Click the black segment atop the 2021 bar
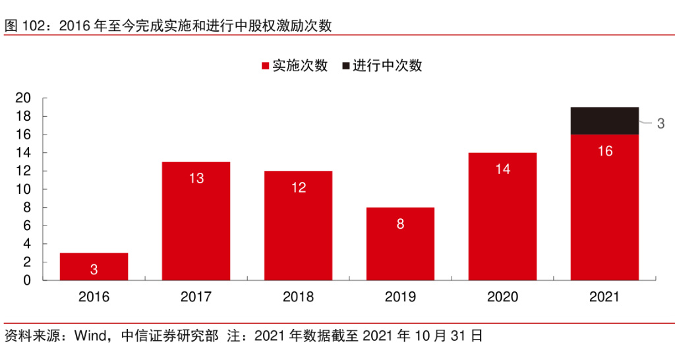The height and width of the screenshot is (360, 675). click(x=604, y=121)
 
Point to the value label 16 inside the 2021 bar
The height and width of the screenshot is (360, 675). click(x=604, y=152)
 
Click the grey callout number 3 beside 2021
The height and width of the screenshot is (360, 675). click(x=660, y=123)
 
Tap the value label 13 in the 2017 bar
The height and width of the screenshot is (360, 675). click(x=196, y=178)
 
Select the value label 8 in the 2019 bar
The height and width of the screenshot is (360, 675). click(x=400, y=224)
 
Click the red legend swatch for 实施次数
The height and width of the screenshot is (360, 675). click(x=266, y=66)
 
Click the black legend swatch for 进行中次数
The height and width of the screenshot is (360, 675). click(x=345, y=66)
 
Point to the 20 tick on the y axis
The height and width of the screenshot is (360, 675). click(x=23, y=98)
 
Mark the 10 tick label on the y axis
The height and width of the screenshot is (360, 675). click(x=23, y=189)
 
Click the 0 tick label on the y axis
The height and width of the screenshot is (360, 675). click(x=27, y=280)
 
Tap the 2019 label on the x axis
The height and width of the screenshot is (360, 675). click(x=400, y=297)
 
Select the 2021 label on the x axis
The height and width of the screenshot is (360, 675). click(x=604, y=297)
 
